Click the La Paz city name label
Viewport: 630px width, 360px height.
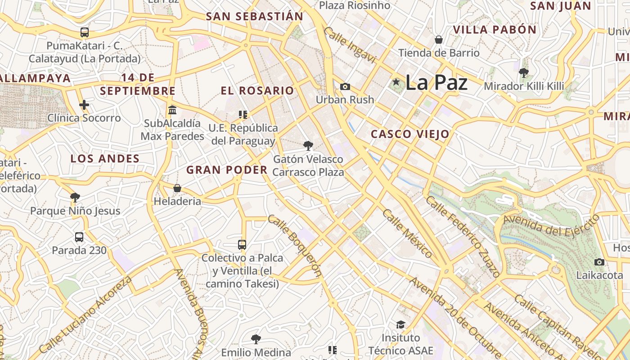[x=436, y=83]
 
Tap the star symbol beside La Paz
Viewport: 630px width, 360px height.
[x=396, y=82]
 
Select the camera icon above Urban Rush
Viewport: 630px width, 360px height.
[x=345, y=86]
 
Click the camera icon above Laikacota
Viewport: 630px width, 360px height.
[x=599, y=262]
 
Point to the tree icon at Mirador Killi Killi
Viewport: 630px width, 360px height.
[x=523, y=72]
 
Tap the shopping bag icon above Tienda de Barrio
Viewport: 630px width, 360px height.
[x=439, y=40]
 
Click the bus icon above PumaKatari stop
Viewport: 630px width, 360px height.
[x=84, y=32]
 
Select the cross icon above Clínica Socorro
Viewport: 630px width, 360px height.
[x=84, y=105]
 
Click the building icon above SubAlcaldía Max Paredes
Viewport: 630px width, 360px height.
[x=172, y=110]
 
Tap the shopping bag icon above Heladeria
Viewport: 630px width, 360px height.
[x=177, y=188]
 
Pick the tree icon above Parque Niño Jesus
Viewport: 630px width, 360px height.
[x=75, y=197]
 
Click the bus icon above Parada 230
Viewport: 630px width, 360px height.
[x=79, y=237]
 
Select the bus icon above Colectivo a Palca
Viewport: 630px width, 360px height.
[x=242, y=245]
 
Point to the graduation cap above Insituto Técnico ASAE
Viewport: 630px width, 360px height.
[x=400, y=324]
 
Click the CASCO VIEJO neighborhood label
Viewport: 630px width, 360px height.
[x=410, y=134]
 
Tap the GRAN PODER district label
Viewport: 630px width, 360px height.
[x=227, y=170]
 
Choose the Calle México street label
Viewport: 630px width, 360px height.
[x=407, y=234]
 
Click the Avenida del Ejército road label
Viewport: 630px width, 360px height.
[x=551, y=225]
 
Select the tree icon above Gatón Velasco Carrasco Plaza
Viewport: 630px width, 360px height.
[x=308, y=145]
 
